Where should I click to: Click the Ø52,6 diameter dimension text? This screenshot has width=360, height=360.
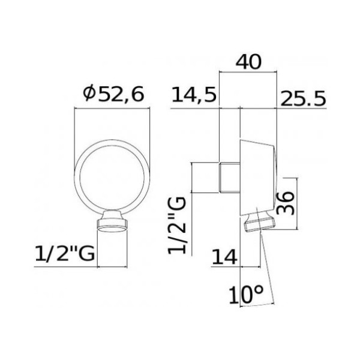pos(112,94)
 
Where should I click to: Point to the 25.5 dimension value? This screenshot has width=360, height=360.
pos(303,95)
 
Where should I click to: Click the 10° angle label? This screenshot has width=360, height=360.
pos(247,295)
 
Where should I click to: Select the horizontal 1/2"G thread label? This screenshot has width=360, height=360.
pos(64,254)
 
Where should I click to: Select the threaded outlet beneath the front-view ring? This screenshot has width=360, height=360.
pos(113,223)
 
